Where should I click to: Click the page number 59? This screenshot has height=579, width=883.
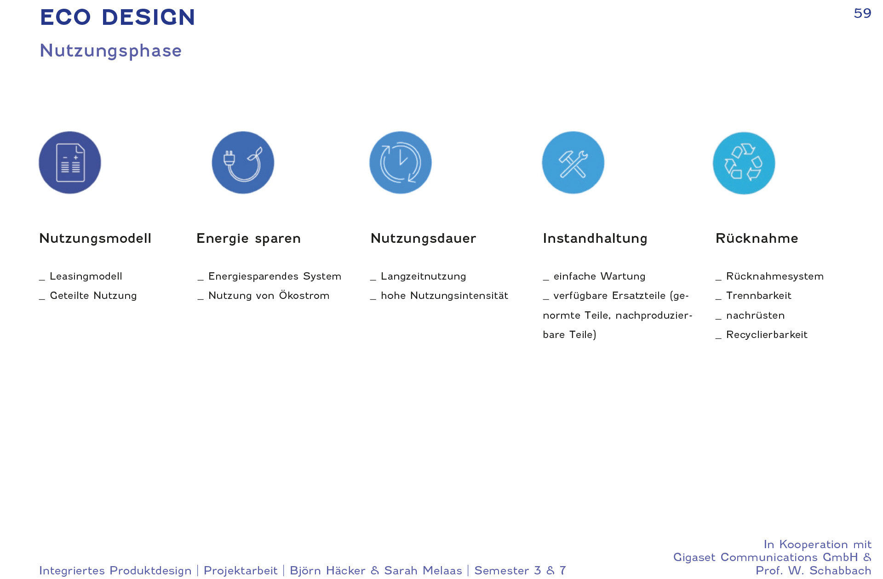click(862, 13)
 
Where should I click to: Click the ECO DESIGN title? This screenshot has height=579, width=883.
click(118, 17)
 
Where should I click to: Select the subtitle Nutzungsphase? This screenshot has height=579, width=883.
click(111, 51)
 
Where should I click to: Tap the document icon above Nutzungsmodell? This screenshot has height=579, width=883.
click(70, 162)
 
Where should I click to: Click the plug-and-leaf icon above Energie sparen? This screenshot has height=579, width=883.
click(243, 162)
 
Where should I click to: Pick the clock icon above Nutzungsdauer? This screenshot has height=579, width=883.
click(401, 162)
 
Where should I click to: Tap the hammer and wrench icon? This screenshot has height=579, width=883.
click(573, 162)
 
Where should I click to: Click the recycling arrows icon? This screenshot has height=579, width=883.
click(744, 163)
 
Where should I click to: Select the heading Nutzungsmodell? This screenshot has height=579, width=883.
click(95, 238)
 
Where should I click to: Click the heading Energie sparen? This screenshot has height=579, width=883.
click(248, 239)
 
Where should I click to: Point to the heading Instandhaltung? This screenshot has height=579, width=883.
click(595, 239)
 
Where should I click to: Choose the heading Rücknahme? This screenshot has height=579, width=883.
click(757, 238)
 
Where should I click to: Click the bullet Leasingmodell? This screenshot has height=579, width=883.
click(86, 276)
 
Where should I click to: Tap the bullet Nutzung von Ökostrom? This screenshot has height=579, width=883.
click(269, 295)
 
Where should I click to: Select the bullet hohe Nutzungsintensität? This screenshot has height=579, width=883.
click(445, 296)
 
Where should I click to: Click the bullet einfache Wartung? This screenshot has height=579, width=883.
click(600, 276)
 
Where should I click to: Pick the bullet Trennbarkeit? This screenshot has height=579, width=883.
click(759, 296)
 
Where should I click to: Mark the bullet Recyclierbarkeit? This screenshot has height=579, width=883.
click(767, 335)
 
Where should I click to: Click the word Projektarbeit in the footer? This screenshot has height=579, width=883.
click(241, 571)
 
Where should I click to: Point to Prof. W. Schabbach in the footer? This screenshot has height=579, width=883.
click(814, 571)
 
